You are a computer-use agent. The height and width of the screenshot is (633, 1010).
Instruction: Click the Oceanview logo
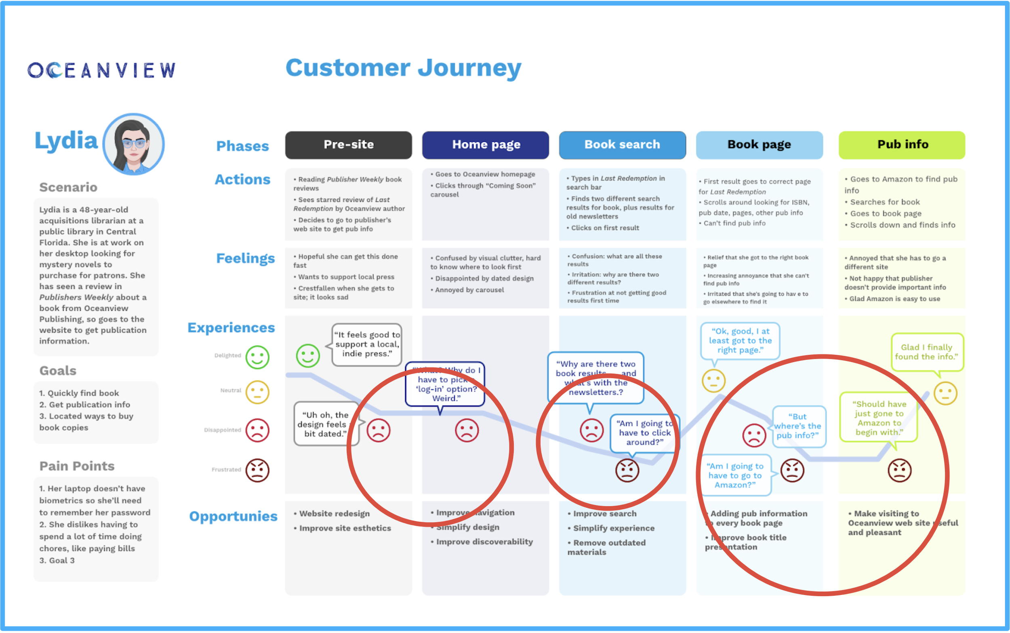(x=102, y=70)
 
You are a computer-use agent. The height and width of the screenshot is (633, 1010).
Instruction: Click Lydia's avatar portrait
(x=133, y=143)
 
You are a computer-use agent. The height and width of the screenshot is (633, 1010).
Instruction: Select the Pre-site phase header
(x=348, y=145)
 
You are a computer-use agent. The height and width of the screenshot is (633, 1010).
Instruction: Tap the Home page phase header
(x=485, y=145)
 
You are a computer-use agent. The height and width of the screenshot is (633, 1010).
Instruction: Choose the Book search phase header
(x=622, y=145)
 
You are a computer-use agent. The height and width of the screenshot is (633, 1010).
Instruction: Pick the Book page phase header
(x=759, y=145)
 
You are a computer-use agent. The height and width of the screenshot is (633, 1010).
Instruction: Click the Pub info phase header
(x=902, y=145)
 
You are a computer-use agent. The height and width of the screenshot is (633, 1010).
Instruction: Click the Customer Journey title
(x=403, y=68)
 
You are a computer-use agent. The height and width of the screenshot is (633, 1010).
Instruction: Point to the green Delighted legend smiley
(x=257, y=357)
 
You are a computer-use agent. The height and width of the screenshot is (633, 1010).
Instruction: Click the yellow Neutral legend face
(x=257, y=392)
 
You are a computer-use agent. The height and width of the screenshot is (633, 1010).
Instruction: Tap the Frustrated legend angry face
(x=257, y=470)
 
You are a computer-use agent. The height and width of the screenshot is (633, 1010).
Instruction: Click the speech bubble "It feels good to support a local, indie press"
(x=367, y=344)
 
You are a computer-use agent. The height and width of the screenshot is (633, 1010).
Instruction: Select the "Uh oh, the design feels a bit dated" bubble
(x=326, y=424)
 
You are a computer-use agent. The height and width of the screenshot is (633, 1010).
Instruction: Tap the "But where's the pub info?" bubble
(x=798, y=426)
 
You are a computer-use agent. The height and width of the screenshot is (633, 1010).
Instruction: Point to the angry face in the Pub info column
(x=899, y=470)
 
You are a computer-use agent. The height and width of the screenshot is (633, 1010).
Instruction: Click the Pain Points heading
(x=77, y=466)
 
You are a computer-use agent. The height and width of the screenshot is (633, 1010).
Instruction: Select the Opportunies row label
(x=233, y=516)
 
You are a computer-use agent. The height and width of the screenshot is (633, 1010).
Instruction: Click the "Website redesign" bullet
(x=334, y=514)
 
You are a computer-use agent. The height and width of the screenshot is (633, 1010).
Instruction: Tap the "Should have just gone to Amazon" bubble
(x=879, y=418)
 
